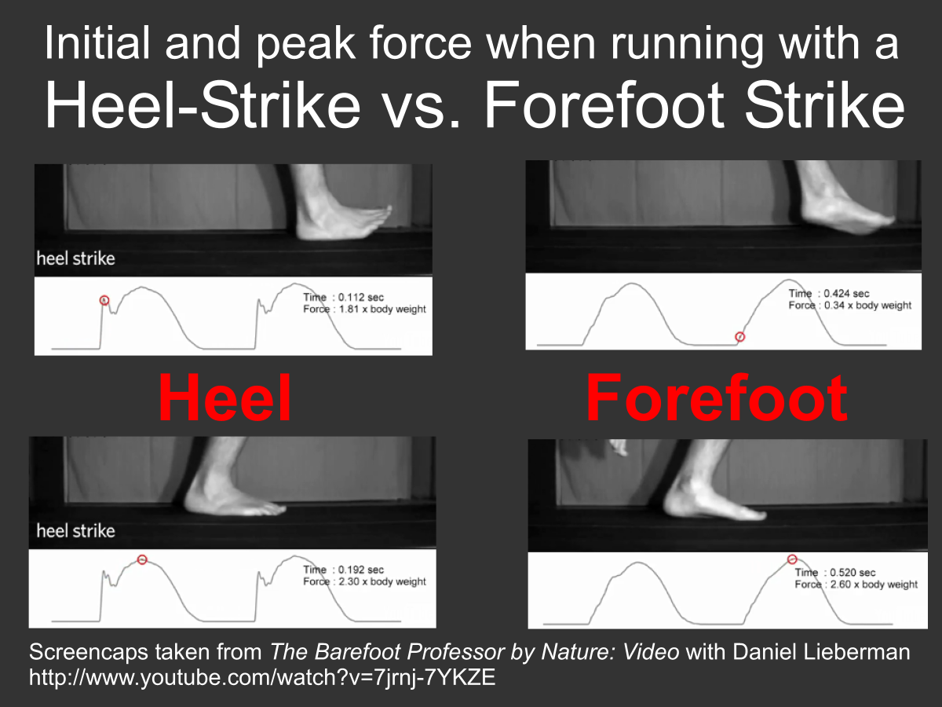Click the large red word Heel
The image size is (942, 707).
tap(225, 397)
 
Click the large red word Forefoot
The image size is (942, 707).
tap(716, 397)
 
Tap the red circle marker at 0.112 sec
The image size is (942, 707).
tap(104, 300)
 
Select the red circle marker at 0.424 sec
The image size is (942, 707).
tap(739, 337)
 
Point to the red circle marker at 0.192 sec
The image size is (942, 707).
tap(142, 559)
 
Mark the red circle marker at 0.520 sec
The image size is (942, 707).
tap(792, 559)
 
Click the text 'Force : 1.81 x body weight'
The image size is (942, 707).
tap(364, 309)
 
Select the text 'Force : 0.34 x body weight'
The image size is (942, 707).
tap(849, 305)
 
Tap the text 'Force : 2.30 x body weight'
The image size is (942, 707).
tap(364, 581)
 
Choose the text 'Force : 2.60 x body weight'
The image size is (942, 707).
tap(856, 584)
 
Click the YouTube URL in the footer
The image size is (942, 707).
tap(262, 677)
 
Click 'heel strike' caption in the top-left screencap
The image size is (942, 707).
tap(75, 258)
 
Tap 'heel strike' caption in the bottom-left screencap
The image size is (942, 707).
tap(75, 531)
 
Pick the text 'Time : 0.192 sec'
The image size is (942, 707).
tap(344, 570)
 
